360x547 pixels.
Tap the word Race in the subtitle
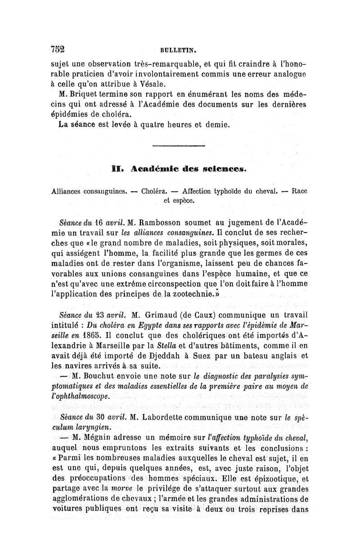tap(300, 190)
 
